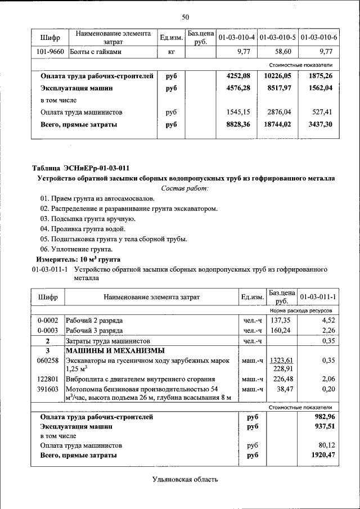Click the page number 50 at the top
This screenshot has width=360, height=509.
pos(185,17)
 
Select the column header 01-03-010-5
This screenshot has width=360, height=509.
pos(278,38)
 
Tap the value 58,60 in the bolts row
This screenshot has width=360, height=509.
pos(281,52)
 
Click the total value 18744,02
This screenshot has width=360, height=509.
pos(278,124)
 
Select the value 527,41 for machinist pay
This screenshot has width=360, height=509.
pos(322,112)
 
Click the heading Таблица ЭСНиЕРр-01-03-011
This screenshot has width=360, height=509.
pos(81,168)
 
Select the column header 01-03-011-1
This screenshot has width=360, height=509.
pos(318,297)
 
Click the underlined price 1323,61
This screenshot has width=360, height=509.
pos(281,361)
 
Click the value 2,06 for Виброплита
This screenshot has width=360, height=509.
pos(327,379)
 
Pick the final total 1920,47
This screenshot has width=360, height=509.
pos(323,456)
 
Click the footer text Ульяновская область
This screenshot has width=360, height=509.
pos(184,479)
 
